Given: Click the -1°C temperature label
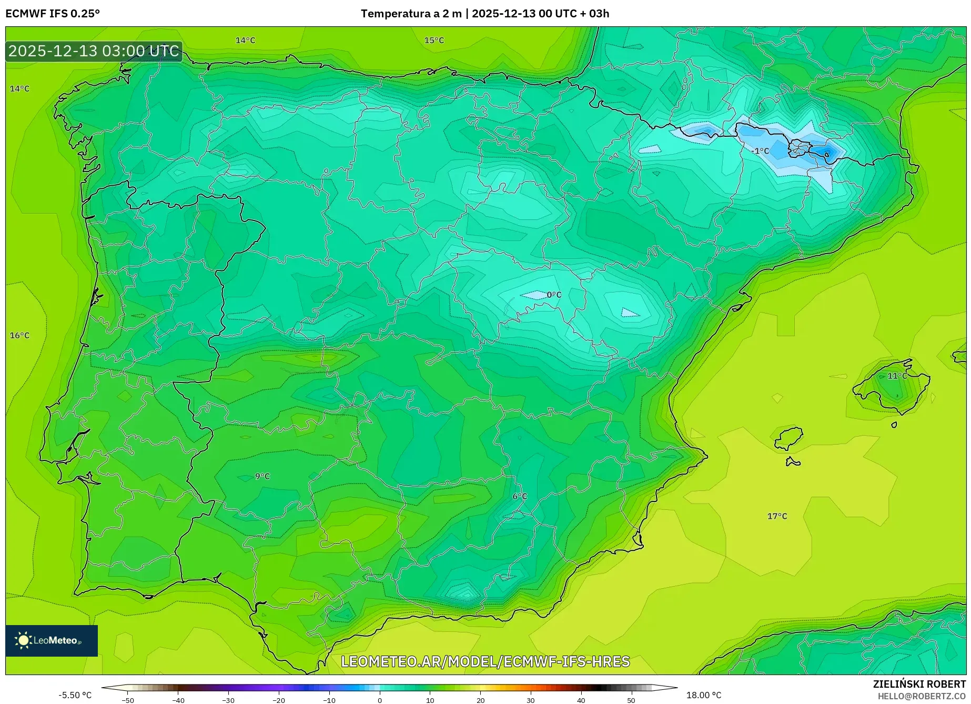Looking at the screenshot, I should click(761, 151).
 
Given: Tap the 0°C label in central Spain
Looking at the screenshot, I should click(554, 295).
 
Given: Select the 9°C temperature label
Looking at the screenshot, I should click(262, 476).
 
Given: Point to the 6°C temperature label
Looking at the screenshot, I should click(520, 496).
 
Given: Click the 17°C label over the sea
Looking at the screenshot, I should click(777, 516).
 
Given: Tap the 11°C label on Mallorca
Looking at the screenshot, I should click(897, 376).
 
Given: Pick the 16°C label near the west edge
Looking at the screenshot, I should click(20, 335).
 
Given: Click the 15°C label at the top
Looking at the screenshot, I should click(434, 41).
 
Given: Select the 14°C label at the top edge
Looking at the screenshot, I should click(245, 41).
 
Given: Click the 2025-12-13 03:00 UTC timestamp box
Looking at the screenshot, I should click(94, 51).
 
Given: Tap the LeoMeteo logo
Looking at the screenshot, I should click(51, 640).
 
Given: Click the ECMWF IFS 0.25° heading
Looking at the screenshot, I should click(52, 14).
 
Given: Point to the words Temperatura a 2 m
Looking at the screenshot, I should click(411, 14).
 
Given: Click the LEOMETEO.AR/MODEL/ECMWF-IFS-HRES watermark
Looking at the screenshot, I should click(485, 661).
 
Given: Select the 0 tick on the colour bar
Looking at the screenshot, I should click(379, 700).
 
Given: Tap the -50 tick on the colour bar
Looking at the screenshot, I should click(128, 700).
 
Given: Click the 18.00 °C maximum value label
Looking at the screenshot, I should click(704, 695).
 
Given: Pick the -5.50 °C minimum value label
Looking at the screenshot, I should click(75, 695).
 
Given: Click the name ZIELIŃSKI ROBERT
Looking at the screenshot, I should click(919, 684).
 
